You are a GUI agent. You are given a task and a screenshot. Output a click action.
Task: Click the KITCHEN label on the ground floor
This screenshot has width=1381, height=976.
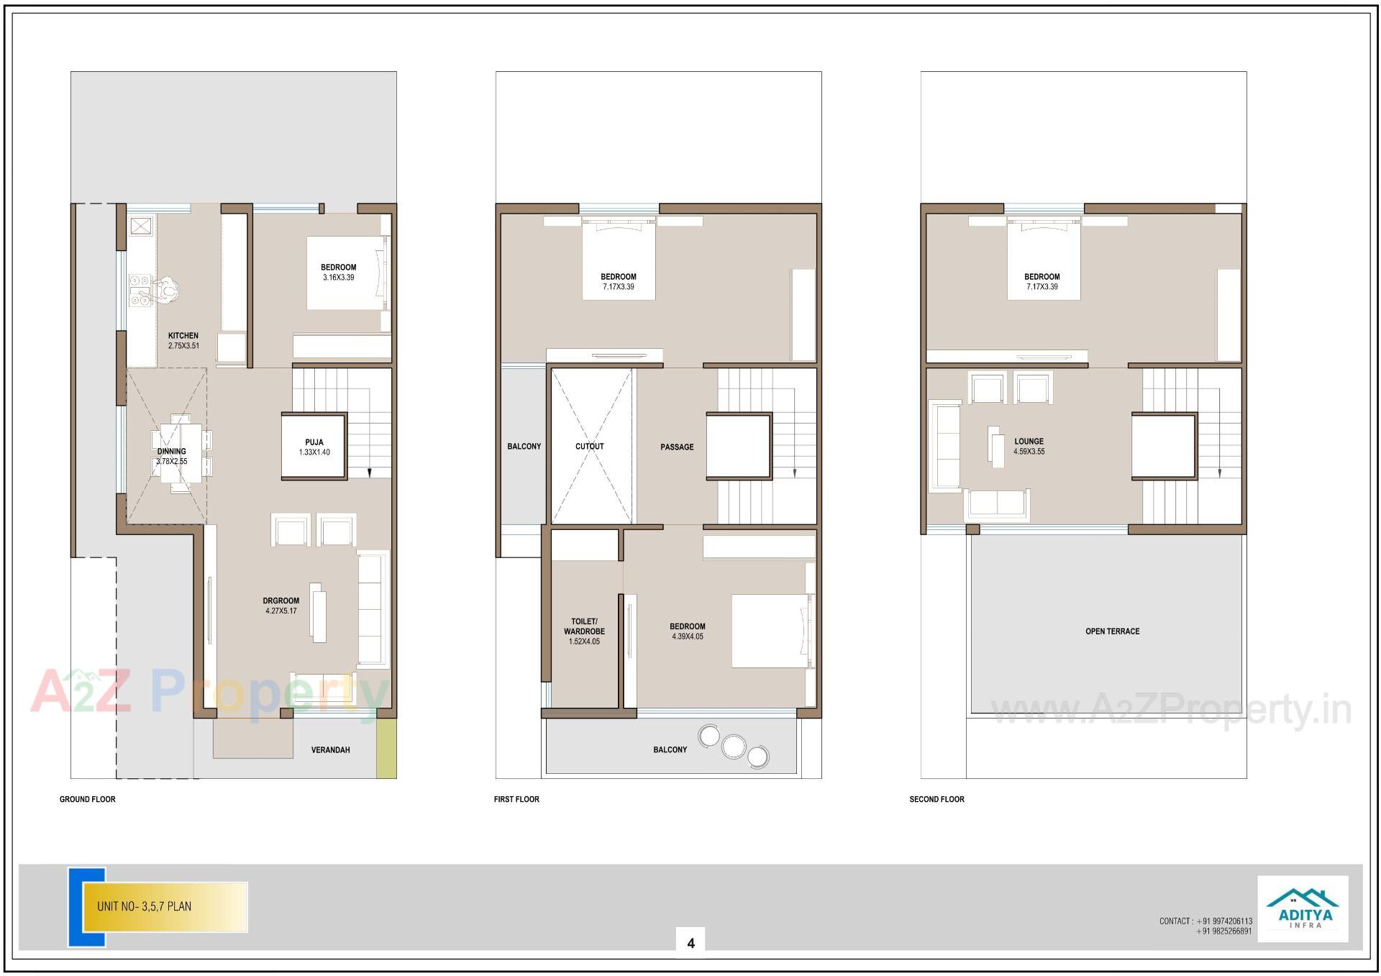(x=183, y=335)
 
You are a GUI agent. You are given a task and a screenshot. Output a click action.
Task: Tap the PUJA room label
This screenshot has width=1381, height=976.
(x=314, y=442)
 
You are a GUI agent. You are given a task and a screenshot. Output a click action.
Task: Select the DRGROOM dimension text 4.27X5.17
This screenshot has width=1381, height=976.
(x=281, y=611)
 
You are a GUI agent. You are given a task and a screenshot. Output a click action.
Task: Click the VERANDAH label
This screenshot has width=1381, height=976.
(x=330, y=749)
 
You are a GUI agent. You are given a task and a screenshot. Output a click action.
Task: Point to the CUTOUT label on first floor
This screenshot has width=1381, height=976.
(x=589, y=446)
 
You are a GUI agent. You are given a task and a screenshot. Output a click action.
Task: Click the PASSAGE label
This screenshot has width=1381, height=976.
(x=677, y=447)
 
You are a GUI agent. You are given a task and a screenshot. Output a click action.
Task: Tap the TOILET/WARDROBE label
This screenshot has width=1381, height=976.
(x=584, y=626)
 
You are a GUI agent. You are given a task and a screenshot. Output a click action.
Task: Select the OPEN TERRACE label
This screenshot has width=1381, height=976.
(x=1112, y=631)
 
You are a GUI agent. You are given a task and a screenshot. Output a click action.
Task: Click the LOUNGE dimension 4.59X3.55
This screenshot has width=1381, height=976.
(x=1029, y=452)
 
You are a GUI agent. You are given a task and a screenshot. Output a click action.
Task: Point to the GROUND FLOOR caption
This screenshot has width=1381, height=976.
(x=87, y=799)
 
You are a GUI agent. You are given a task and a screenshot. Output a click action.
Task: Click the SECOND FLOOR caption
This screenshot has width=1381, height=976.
(x=936, y=799)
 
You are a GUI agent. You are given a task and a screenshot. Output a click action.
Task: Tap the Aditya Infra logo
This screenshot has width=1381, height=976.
(x=1302, y=908)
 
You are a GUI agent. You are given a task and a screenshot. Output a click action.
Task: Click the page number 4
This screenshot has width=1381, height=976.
(x=690, y=943)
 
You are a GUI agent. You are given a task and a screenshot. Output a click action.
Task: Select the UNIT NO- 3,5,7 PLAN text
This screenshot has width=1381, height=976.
(x=145, y=906)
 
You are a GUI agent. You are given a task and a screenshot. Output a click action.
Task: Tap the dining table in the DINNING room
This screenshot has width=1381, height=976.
(x=181, y=453)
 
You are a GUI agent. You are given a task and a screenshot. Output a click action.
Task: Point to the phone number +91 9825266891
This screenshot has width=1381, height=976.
(x=1223, y=931)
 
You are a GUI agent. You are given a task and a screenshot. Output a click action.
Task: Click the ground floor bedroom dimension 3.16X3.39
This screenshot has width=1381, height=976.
(x=338, y=277)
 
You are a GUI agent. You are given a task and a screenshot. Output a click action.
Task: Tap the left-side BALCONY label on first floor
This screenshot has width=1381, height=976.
(x=524, y=446)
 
